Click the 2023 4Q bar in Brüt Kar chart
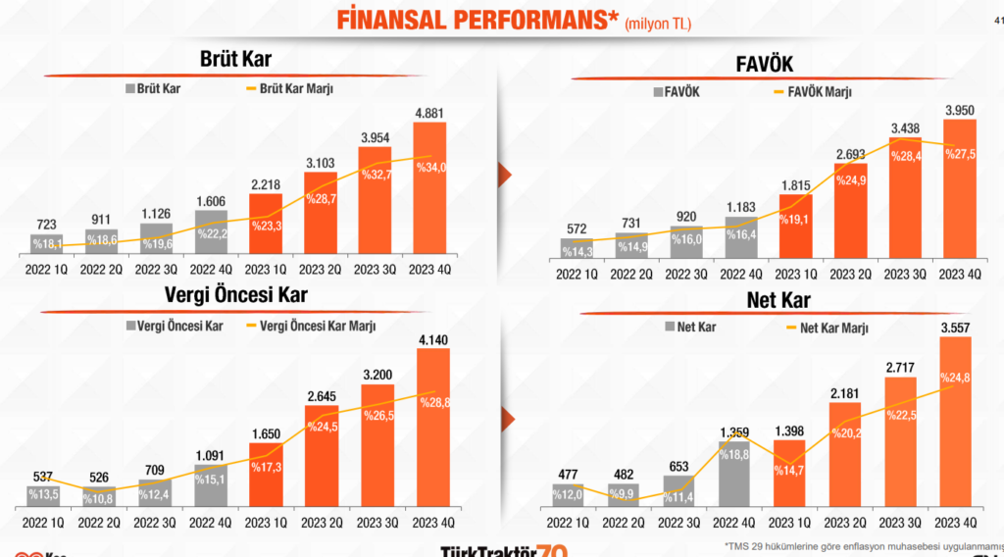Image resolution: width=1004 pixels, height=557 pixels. (423, 186)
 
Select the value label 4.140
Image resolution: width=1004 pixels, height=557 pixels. (432, 338)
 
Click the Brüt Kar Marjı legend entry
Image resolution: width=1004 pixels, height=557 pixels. (290, 88)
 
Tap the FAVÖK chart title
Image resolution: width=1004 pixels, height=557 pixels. (764, 64)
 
